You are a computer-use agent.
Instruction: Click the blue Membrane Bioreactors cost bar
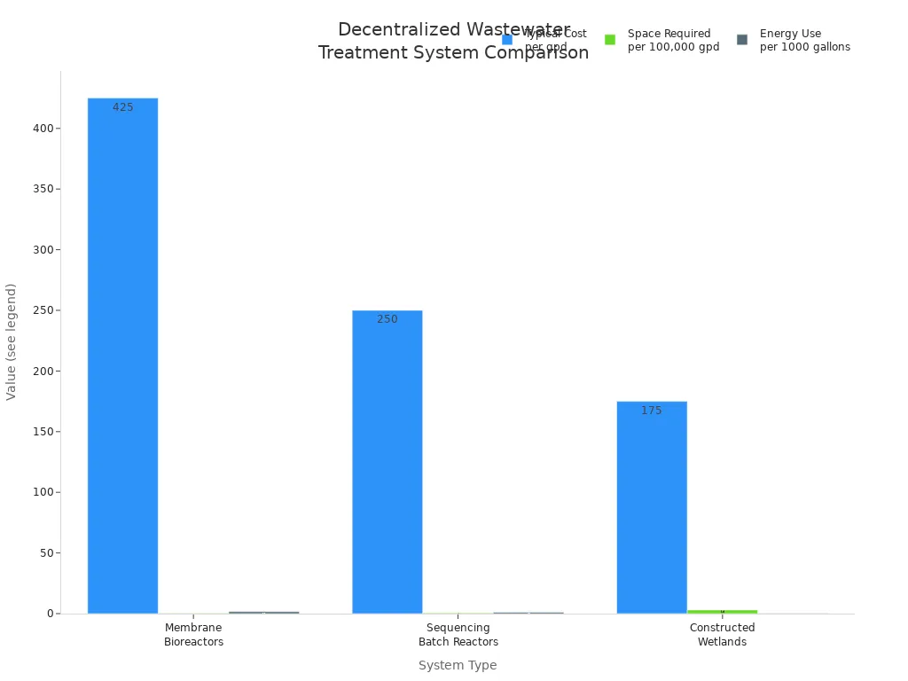point(122,355)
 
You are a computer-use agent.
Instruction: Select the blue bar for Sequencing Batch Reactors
point(387,461)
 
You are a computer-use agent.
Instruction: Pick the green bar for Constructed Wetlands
point(722,611)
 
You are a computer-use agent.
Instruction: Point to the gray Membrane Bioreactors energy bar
point(263,612)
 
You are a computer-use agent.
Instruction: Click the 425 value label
point(122,107)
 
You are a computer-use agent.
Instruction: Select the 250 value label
point(387,319)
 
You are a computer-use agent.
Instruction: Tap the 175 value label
point(652,411)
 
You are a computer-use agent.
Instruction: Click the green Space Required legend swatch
point(610,40)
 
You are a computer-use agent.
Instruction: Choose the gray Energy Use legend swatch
point(742,40)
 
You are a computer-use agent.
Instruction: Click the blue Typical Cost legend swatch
point(507,40)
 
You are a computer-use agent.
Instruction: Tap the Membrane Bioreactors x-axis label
point(193,635)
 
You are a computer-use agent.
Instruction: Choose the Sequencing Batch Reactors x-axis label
point(458,635)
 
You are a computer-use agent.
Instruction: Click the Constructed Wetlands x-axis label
point(722,635)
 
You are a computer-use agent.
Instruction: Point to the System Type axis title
point(458,665)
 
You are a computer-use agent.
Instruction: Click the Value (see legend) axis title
point(12,341)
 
